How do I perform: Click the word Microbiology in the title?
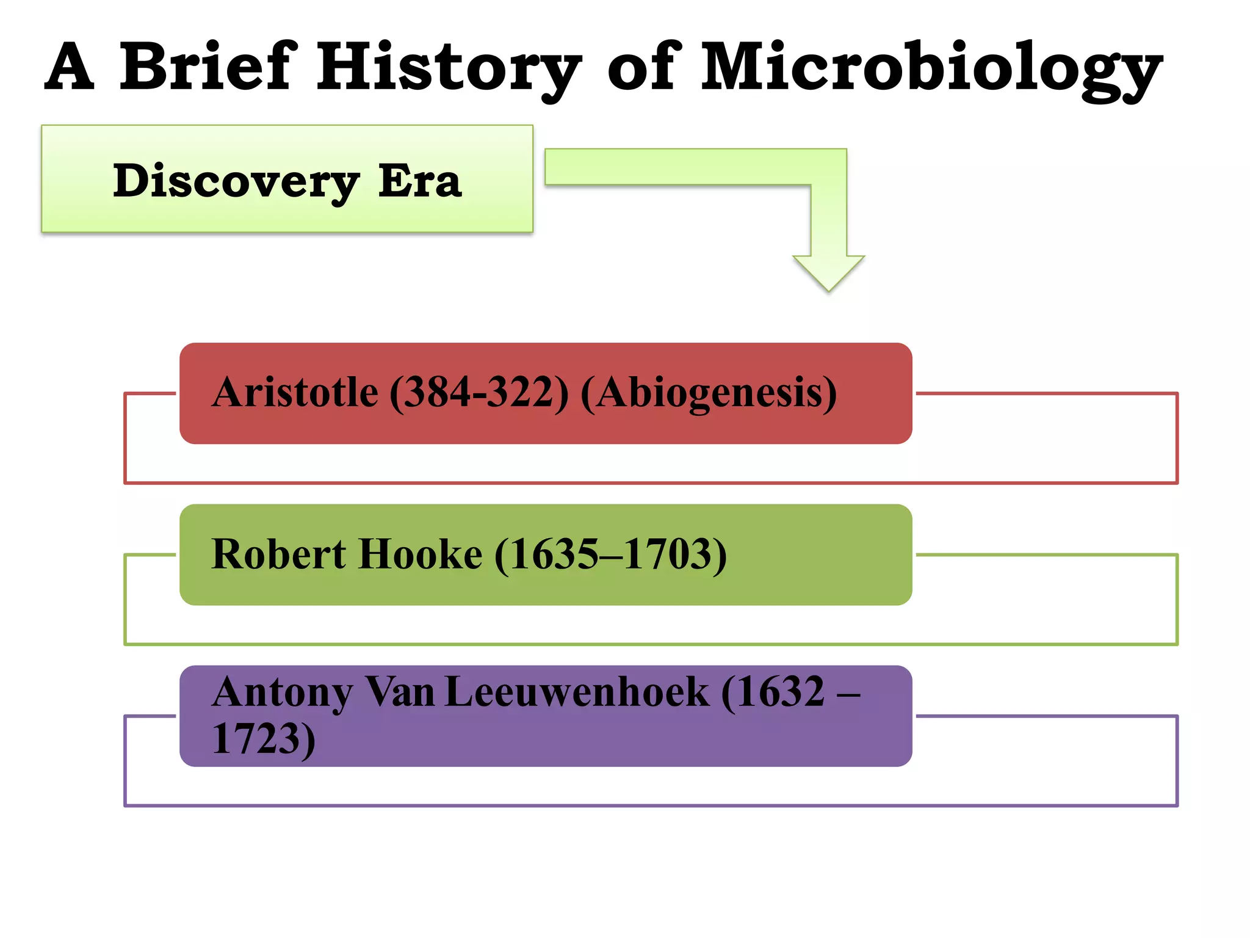(x=931, y=68)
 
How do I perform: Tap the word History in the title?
(x=449, y=68)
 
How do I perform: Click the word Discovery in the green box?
(x=236, y=181)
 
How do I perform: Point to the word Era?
(x=420, y=181)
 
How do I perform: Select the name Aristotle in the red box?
(x=295, y=392)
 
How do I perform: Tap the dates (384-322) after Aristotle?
(x=479, y=392)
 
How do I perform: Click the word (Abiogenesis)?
(x=709, y=392)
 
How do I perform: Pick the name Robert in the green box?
(x=278, y=554)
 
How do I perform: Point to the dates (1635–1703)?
(x=610, y=554)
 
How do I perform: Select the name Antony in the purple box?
(x=282, y=693)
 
